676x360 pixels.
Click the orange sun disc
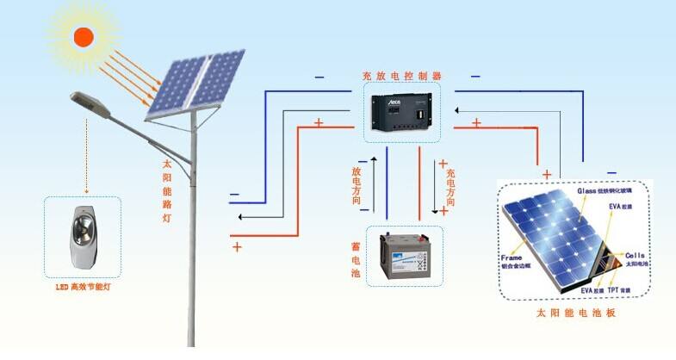tap(84, 36)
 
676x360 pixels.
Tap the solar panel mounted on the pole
tap(194, 83)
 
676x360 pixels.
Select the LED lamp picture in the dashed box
tap(82, 236)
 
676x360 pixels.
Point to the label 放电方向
tap(356, 185)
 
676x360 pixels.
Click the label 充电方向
tap(450, 184)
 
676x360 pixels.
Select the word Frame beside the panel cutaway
tap(512, 258)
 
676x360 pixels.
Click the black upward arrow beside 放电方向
tap(375, 184)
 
